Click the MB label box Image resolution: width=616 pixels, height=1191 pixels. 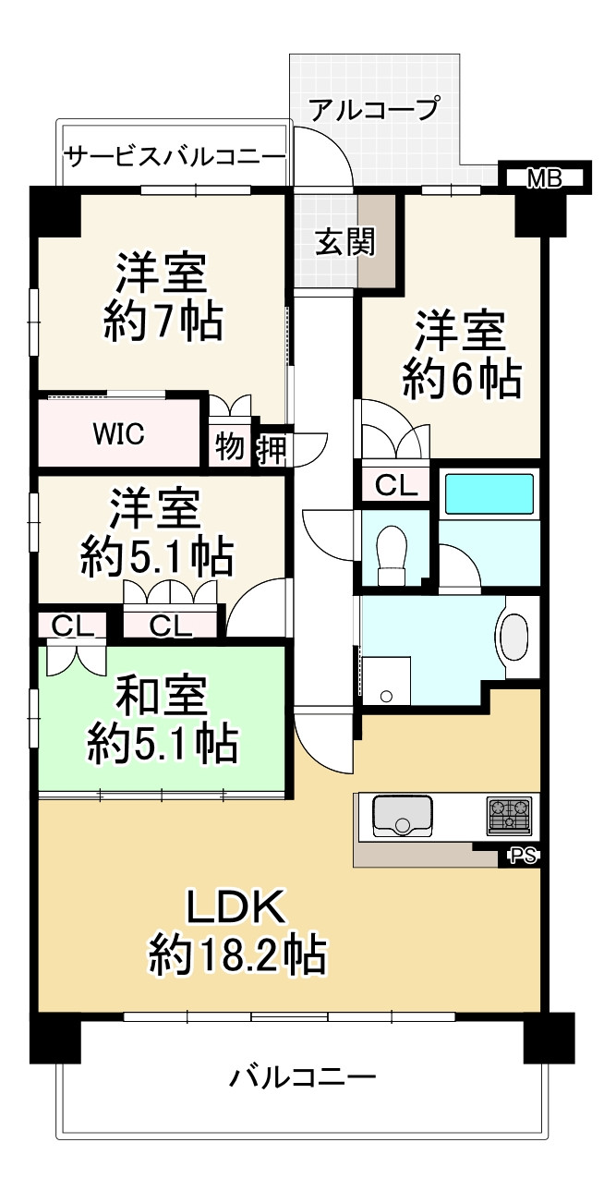(x=545, y=178)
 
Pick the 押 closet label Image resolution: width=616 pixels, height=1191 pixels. (x=272, y=450)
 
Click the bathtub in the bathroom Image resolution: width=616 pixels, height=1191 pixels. (x=489, y=494)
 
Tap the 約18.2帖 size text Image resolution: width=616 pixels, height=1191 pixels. (x=237, y=955)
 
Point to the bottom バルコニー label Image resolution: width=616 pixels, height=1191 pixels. (x=303, y=1077)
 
